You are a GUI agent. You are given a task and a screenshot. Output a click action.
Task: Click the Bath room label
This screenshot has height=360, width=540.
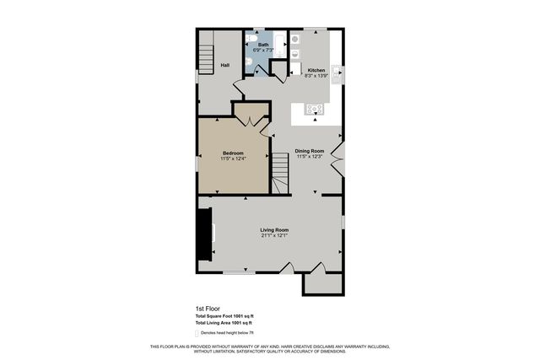(x=263, y=45)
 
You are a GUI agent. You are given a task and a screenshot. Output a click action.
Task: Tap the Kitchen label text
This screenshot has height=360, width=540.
(x=316, y=70)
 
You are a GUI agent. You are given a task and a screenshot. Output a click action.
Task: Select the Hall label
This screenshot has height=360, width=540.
(x=225, y=65)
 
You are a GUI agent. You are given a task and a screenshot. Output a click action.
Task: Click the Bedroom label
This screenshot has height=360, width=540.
(x=233, y=153)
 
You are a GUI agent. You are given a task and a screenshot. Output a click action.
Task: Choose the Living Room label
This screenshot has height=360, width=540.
(x=274, y=230)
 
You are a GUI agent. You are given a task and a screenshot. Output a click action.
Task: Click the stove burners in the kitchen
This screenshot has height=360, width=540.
(x=316, y=108)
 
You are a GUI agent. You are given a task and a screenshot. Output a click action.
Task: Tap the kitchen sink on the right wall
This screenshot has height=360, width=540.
(x=337, y=73)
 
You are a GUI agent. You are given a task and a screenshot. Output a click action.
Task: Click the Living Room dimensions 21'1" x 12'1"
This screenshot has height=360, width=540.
(x=274, y=236)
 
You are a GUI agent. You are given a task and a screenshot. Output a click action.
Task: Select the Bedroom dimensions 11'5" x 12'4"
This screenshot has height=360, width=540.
(x=233, y=159)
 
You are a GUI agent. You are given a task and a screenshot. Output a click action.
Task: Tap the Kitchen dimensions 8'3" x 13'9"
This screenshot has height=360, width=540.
(x=316, y=76)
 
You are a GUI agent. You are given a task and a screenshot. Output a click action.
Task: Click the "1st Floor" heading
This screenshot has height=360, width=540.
(x=208, y=308)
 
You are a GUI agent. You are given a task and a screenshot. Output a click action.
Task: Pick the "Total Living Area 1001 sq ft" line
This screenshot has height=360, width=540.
(x=224, y=323)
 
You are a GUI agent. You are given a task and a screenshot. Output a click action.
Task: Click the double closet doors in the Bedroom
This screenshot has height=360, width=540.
(x=251, y=119)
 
